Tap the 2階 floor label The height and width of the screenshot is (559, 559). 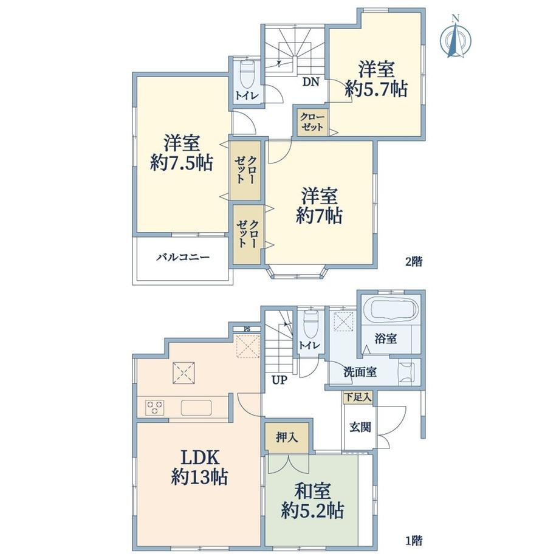[x=414, y=262]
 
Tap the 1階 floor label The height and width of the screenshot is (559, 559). [x=414, y=541]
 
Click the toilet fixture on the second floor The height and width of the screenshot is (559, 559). [x=247, y=75]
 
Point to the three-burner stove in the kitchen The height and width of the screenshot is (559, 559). [x=155, y=408]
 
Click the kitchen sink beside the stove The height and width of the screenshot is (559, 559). [x=196, y=408]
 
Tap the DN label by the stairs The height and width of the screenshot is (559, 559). [x=310, y=83]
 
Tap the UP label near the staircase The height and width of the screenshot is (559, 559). [x=279, y=380]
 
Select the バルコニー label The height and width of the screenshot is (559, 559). [x=183, y=257]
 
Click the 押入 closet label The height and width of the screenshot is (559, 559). [x=287, y=437]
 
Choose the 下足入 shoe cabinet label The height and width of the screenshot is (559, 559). [x=357, y=397]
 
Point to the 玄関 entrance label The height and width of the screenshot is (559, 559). [x=360, y=427]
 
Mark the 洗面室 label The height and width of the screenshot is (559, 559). [x=360, y=372]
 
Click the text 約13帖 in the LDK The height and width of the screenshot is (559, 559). [x=199, y=476]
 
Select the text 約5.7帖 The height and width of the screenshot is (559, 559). [x=377, y=89]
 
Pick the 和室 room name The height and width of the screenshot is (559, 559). [x=312, y=492]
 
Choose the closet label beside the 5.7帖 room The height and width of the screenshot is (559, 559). [x=312, y=122]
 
